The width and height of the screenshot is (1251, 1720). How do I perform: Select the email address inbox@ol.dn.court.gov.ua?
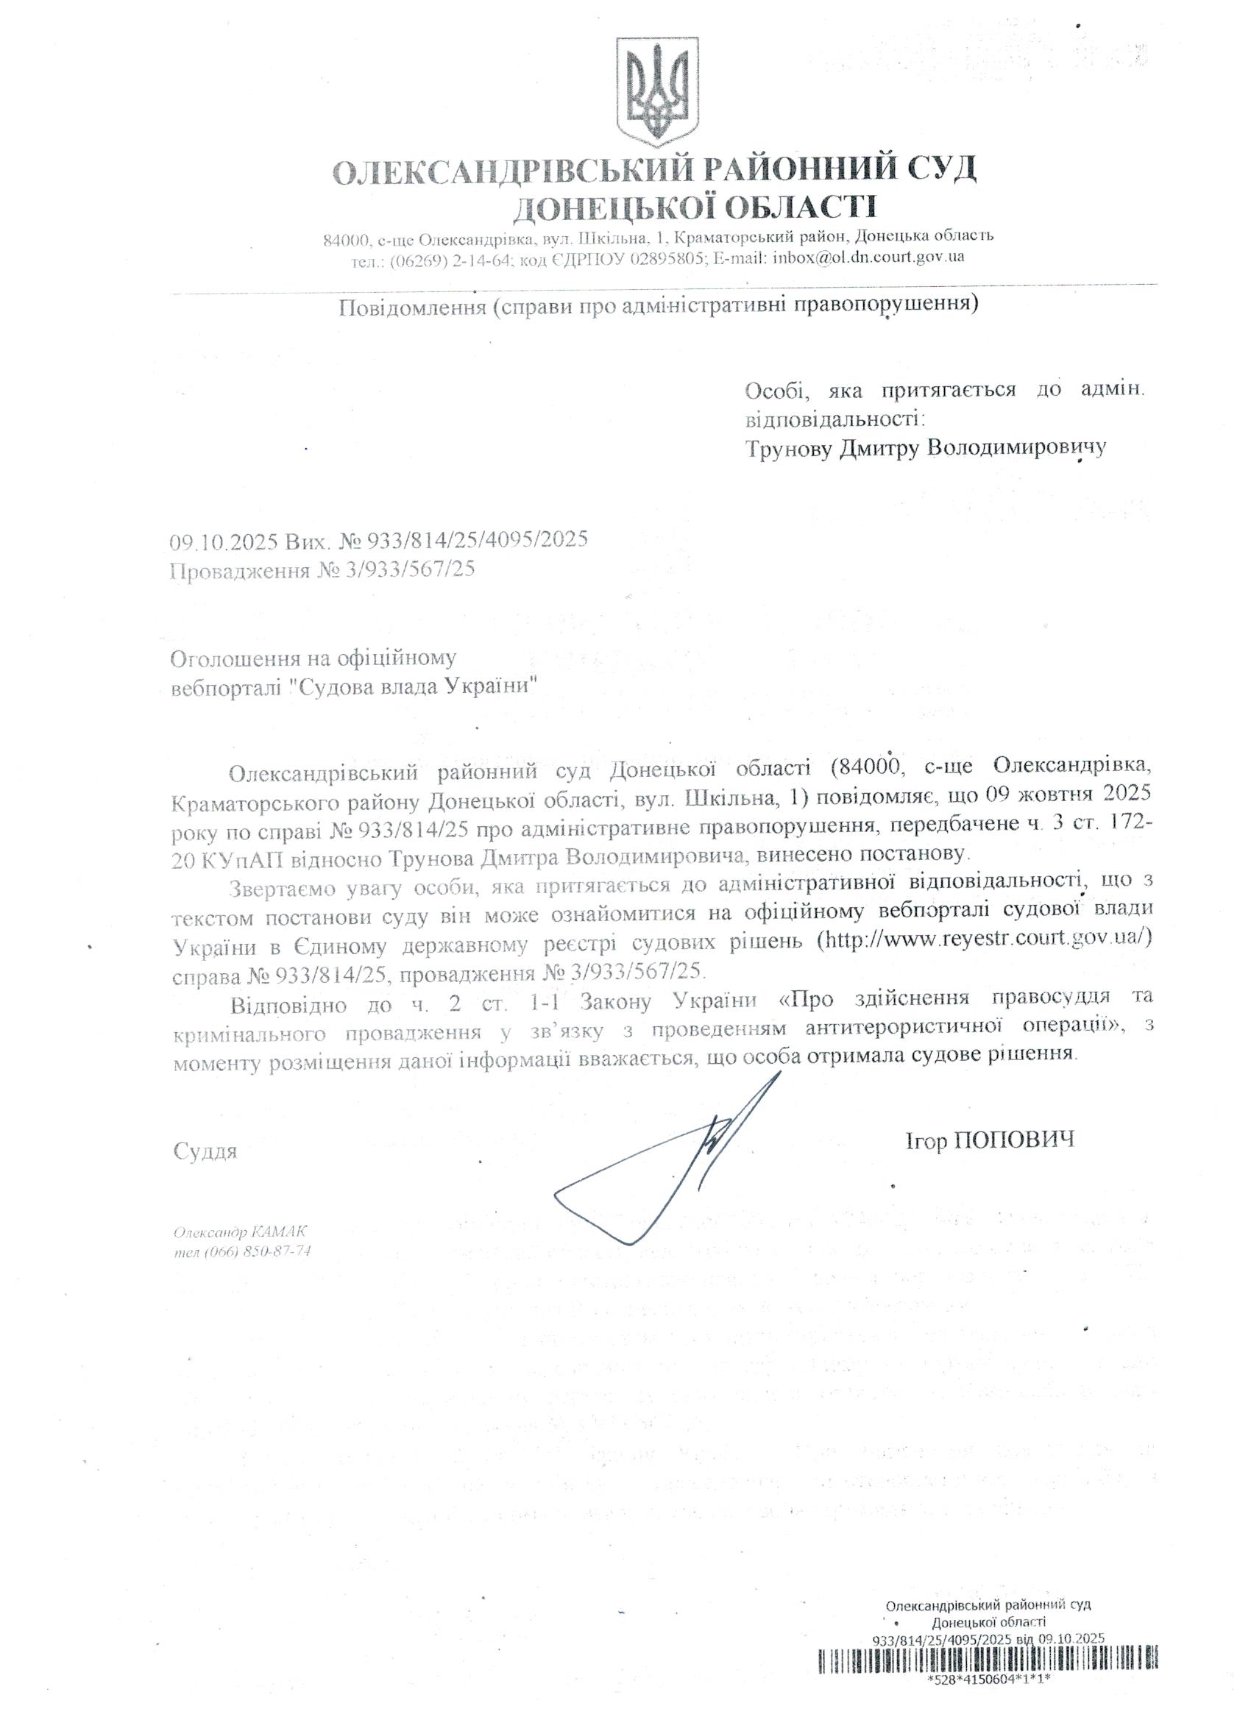(x=868, y=257)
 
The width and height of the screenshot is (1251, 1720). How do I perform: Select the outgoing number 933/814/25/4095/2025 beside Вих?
(x=478, y=540)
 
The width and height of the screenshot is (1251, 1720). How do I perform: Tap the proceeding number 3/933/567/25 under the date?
(x=411, y=569)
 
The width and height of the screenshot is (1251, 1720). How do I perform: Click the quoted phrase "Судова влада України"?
(x=418, y=688)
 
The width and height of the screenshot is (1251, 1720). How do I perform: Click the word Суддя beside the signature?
(x=205, y=1151)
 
